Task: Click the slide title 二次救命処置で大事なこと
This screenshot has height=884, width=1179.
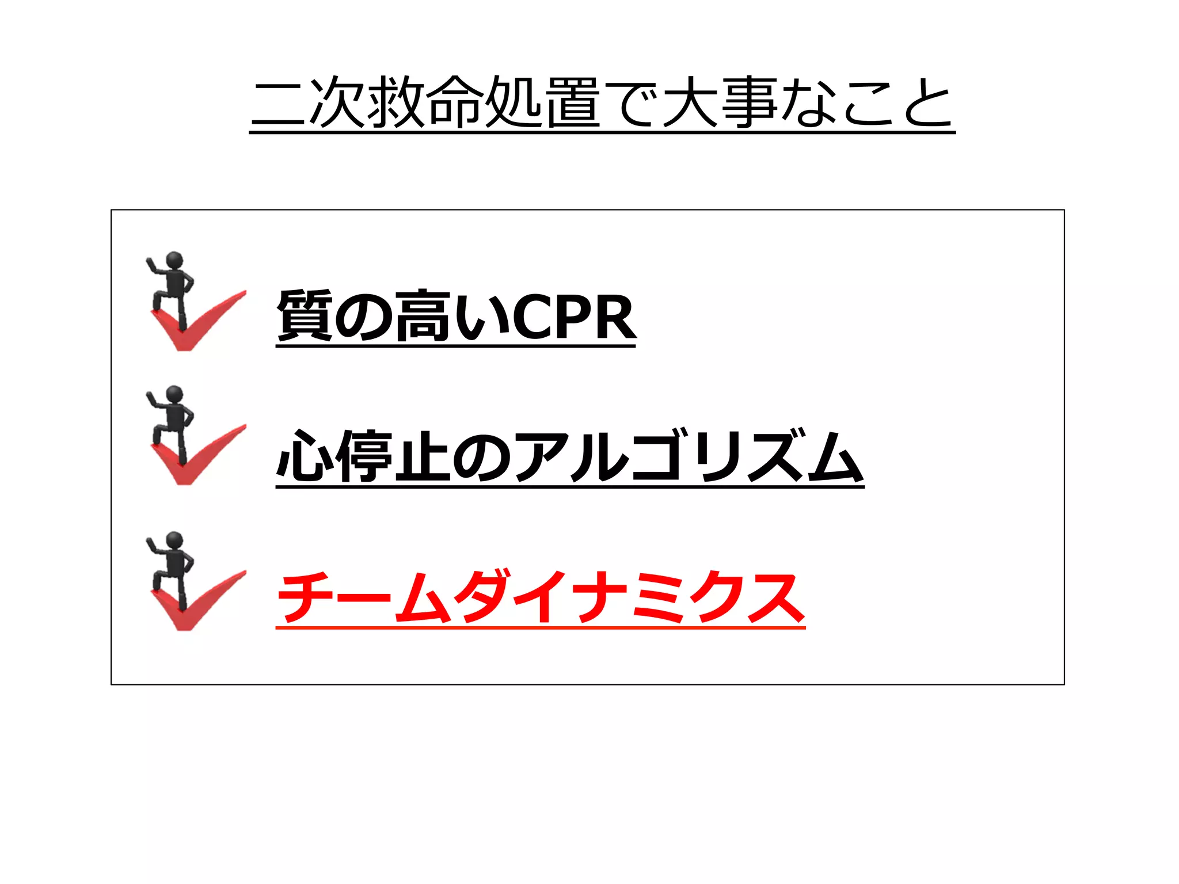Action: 602,104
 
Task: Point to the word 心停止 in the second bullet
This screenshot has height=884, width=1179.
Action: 363,456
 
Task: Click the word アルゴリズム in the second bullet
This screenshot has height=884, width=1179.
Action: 688,456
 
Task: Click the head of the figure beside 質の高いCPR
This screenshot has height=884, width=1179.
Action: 174,260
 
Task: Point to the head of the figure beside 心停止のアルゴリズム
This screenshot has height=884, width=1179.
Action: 174,394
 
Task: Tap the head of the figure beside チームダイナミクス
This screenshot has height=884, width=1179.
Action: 174,540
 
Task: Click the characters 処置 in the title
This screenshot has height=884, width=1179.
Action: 542,104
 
